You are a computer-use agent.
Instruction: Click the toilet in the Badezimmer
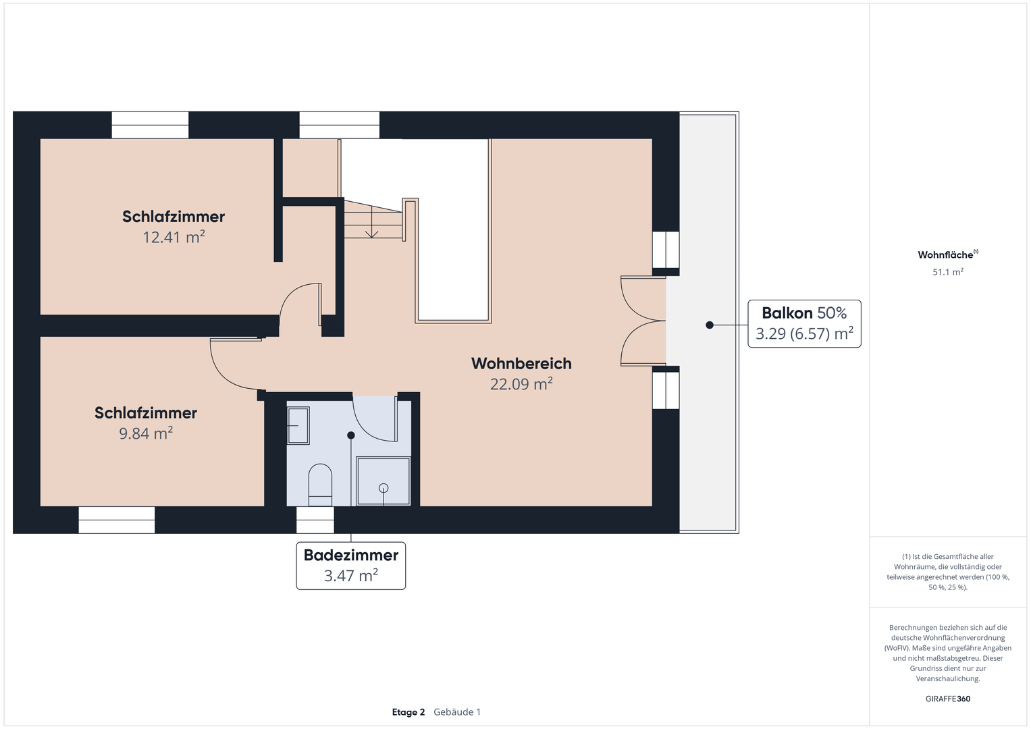(x=320, y=485)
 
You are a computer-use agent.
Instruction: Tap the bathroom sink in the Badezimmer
(x=298, y=426)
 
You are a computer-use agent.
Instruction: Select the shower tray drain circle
(x=384, y=488)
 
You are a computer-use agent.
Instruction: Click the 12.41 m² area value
(x=174, y=237)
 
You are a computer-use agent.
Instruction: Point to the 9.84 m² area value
(x=146, y=433)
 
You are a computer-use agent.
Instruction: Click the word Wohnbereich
(x=521, y=364)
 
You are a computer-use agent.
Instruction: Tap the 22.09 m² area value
(x=521, y=384)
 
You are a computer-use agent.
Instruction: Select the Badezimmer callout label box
(x=350, y=566)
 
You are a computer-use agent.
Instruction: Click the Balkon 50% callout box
(x=804, y=323)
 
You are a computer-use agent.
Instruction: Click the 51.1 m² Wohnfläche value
(x=948, y=272)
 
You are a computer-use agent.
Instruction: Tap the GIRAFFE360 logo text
(x=948, y=699)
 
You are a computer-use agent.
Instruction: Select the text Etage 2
(x=408, y=712)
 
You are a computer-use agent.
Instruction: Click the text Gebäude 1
(x=457, y=712)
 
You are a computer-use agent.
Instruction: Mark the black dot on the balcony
(x=709, y=325)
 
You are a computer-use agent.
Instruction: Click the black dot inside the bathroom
(x=350, y=435)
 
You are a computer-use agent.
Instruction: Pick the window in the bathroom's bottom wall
(x=315, y=520)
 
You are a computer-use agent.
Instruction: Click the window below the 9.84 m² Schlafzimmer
(x=116, y=520)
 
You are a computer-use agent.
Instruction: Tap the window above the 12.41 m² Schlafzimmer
(x=150, y=125)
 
